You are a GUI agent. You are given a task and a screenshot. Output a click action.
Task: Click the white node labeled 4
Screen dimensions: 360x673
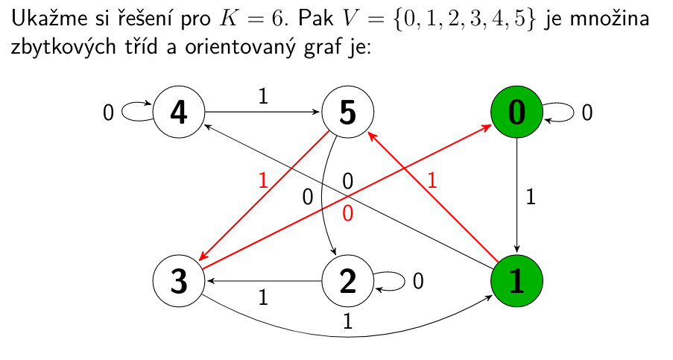point(179,113)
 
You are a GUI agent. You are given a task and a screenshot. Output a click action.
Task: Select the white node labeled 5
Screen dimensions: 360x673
point(347,113)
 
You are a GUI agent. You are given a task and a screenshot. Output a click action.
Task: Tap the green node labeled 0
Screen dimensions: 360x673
point(516,113)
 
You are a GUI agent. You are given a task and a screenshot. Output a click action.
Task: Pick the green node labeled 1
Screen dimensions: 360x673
point(516,281)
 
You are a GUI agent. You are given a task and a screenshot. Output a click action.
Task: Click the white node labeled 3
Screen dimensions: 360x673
point(179,281)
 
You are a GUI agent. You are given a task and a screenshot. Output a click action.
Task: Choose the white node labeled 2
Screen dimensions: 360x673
point(347,281)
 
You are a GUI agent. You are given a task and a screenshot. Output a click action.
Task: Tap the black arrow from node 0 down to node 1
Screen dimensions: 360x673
point(516,197)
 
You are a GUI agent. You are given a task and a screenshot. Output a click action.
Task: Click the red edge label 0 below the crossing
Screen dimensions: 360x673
point(347,214)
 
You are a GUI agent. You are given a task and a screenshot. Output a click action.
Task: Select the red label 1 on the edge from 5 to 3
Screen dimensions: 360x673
point(262,180)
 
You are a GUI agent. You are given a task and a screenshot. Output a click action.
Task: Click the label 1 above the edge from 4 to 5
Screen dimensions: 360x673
point(262,96)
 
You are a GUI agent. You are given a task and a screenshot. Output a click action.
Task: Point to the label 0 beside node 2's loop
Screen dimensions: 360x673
point(418,281)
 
